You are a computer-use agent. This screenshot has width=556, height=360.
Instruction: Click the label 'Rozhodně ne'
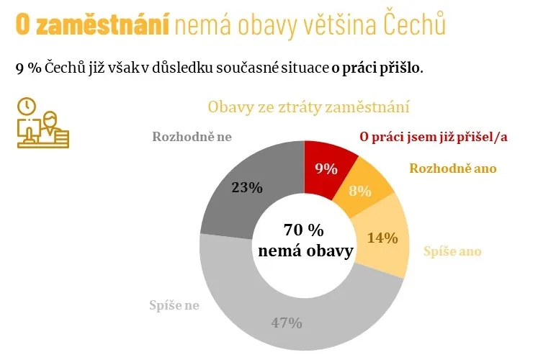click(192, 137)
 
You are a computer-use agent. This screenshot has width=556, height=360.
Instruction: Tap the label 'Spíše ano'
click(452, 251)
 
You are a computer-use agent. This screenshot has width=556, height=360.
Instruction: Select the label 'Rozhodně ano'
click(453, 168)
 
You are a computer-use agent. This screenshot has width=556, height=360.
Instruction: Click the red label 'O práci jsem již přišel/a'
click(434, 137)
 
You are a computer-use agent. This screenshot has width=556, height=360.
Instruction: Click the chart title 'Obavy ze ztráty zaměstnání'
click(308, 108)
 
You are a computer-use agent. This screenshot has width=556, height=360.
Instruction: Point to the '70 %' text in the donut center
click(304, 230)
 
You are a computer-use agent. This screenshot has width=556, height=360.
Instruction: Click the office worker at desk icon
click(43, 124)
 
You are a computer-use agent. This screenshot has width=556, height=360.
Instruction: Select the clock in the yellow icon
click(27, 107)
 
